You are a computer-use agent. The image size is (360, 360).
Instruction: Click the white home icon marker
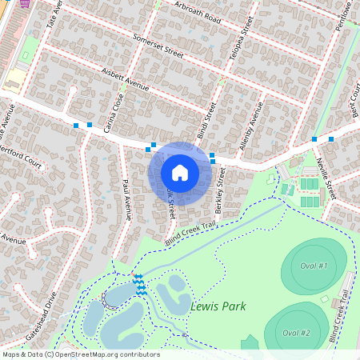(180, 172)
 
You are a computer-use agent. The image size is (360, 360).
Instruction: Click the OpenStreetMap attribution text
(80, 354)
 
